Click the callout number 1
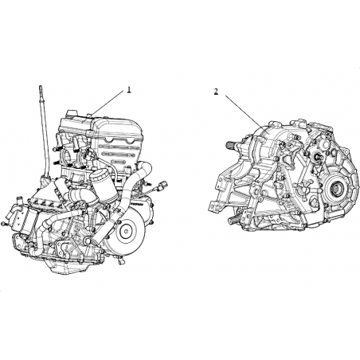(x=129, y=90)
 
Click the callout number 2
(x=216, y=92)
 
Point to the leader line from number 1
(x=107, y=104)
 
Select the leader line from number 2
(x=244, y=112)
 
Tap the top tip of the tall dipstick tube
(x=41, y=86)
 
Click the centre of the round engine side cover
(x=126, y=230)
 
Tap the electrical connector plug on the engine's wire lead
(x=163, y=185)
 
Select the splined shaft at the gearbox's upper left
(x=233, y=146)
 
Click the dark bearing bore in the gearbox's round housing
(x=335, y=189)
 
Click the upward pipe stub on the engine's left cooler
(x=18, y=200)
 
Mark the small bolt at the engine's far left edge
(x=3, y=224)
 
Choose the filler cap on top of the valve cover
(x=72, y=113)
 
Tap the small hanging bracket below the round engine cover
(x=122, y=261)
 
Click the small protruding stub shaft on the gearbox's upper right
(x=316, y=157)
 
